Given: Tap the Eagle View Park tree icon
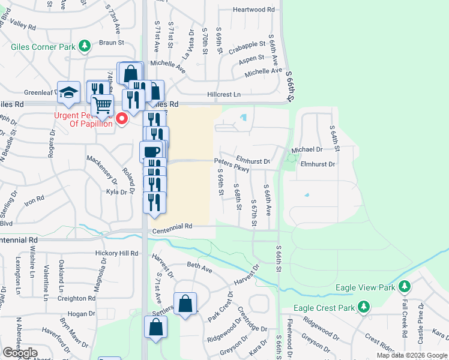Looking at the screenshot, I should click(405, 287).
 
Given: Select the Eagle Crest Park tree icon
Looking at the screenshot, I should click(363, 307).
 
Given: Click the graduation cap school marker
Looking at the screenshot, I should click(68, 92).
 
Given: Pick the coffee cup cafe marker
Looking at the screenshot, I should click(151, 151).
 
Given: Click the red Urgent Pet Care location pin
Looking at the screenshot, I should click(122, 119).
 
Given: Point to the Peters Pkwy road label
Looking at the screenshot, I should click(232, 164).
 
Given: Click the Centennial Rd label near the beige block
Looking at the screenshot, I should click(172, 227).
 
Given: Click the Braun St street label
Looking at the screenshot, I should click(111, 43).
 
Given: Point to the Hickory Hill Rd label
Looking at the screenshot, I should click(116, 254).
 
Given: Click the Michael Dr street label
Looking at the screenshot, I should click(307, 149).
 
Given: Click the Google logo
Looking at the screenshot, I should click(20, 353).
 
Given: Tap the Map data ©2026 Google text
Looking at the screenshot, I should click(412, 355).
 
